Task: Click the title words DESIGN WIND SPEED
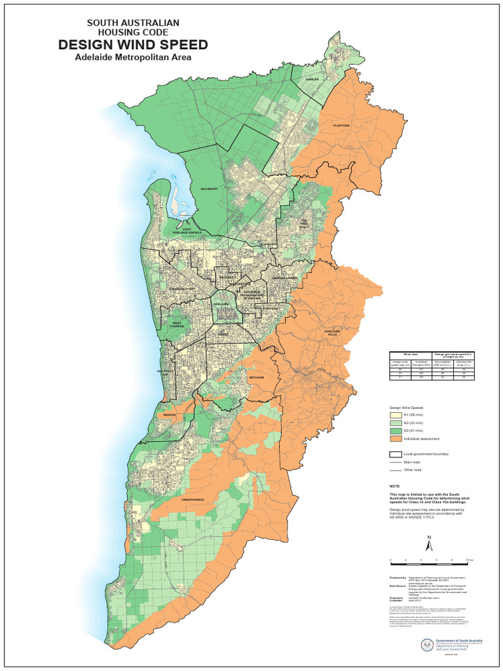(133, 45)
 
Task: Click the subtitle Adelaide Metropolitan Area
(133, 57)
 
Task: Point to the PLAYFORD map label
(341, 125)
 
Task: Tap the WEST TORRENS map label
(177, 324)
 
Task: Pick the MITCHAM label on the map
(256, 378)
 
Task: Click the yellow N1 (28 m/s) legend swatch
(396, 415)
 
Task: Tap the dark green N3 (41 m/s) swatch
(396, 431)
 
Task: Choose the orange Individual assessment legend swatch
(396, 438)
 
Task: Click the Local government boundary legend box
(396, 453)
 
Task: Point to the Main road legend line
(396, 462)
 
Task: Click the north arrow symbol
(429, 545)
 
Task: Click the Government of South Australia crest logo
(428, 645)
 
